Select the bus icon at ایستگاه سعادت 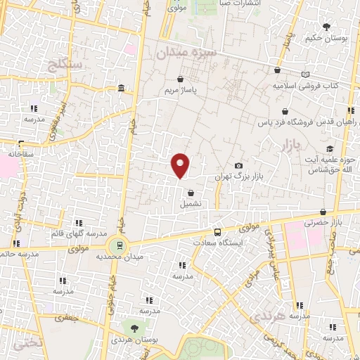[217, 232]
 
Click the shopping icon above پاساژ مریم [182, 79]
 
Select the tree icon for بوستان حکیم [327, 27]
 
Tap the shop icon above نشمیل [191, 193]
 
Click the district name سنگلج [67, 66]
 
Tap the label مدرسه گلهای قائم [79, 233]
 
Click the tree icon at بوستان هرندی [134, 328]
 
